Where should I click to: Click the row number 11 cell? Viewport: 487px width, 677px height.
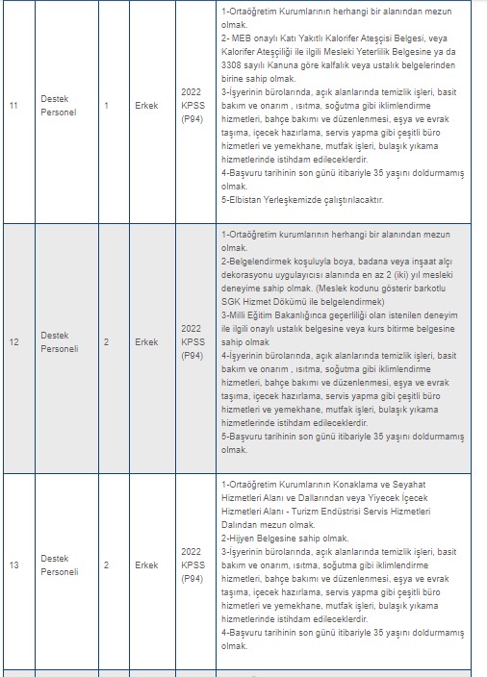point(13,105)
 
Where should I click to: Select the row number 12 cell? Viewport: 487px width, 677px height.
point(13,341)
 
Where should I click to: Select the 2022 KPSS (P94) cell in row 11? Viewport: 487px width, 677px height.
point(192,105)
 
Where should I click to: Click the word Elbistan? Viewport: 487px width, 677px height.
point(241,200)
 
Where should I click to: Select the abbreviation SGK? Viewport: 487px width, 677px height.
point(232,301)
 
